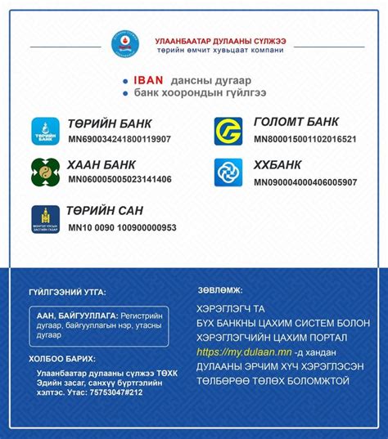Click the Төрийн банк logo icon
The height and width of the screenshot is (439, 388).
pos(46,132)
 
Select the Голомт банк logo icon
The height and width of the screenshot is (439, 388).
pos(228,132)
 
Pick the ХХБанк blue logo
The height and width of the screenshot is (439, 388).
pos(228,172)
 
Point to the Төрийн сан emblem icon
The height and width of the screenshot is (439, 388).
pos(46,218)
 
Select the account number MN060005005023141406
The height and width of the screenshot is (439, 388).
pos(120,179)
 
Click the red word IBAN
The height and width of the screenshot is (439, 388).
pos(148,81)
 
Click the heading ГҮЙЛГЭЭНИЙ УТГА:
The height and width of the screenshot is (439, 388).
pos(66,292)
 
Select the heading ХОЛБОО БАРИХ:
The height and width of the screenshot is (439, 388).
pos(61,358)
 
